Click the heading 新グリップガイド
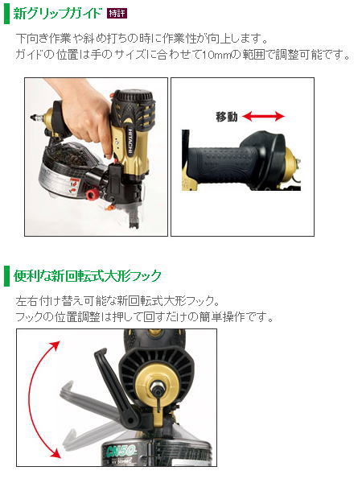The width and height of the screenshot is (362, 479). point(58,14)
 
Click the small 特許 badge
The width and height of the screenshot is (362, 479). point(117,14)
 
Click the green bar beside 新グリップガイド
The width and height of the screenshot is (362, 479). point(6,14)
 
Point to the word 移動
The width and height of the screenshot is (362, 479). point(227,117)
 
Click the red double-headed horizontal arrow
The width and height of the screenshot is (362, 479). point(263,117)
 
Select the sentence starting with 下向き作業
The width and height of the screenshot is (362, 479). point(142,39)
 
